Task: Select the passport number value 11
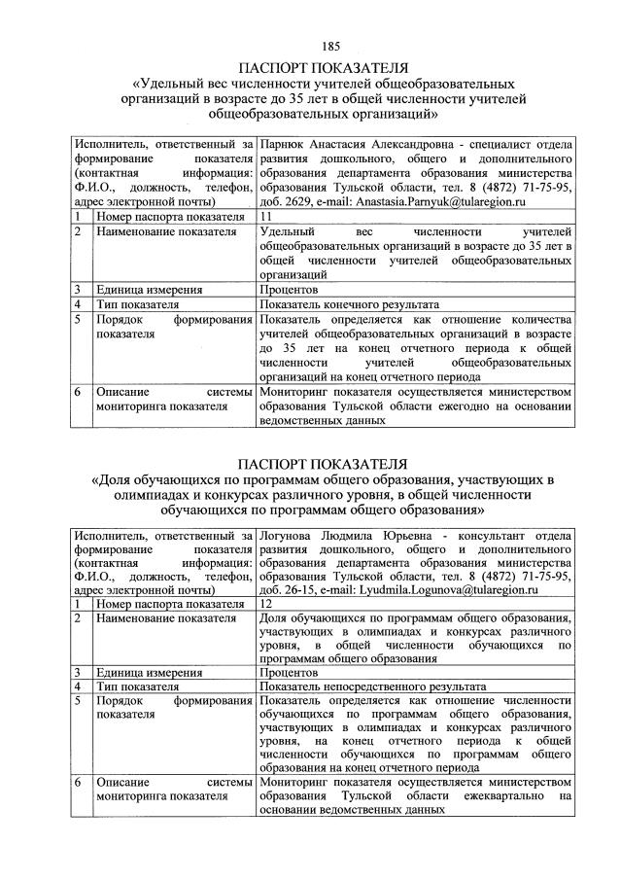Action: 266,216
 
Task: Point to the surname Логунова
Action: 289,534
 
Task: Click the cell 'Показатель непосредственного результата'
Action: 373,686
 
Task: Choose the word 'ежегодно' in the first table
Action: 466,407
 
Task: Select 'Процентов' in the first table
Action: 290,290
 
